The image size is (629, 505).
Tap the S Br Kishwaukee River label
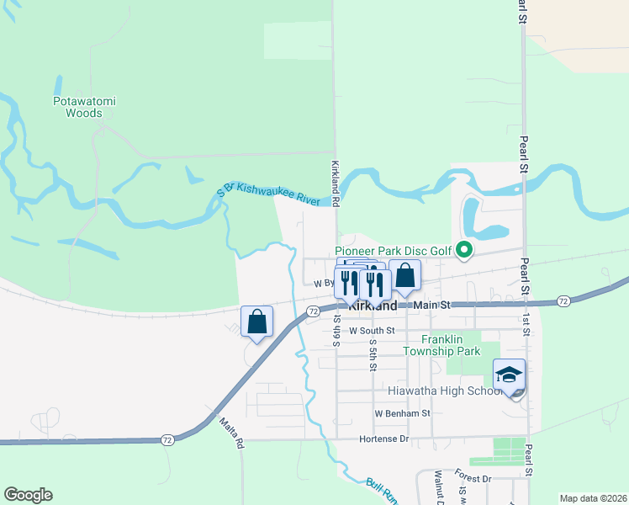(268, 194)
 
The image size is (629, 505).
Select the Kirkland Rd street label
(335, 184)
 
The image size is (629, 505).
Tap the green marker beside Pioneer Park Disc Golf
(462, 250)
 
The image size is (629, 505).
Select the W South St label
(372, 331)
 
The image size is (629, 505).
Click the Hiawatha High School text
(445, 391)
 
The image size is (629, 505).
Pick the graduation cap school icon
(509, 375)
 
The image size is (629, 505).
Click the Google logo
(28, 495)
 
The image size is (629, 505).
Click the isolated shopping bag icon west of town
(256, 321)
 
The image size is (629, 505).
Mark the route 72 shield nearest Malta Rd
(167, 439)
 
